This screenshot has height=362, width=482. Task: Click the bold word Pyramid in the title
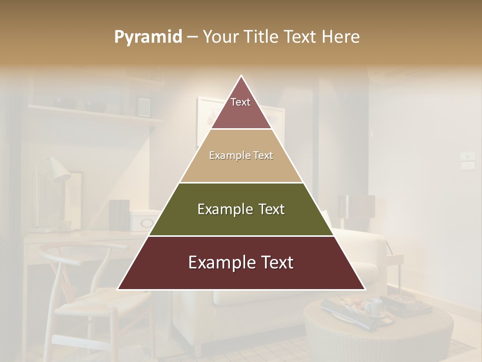tap(148, 37)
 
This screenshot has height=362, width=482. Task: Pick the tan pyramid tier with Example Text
tap(241, 156)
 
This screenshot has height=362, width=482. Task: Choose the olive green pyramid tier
tap(241, 209)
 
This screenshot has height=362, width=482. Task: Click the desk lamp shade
tap(57, 170)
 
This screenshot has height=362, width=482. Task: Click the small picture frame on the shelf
tap(144, 106)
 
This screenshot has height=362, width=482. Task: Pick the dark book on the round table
tap(409, 305)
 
